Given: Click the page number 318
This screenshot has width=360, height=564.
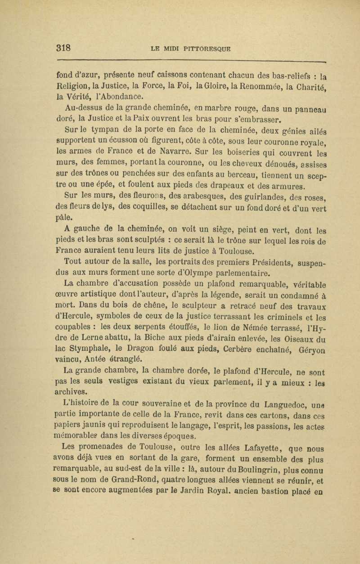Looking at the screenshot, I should [64, 47].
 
